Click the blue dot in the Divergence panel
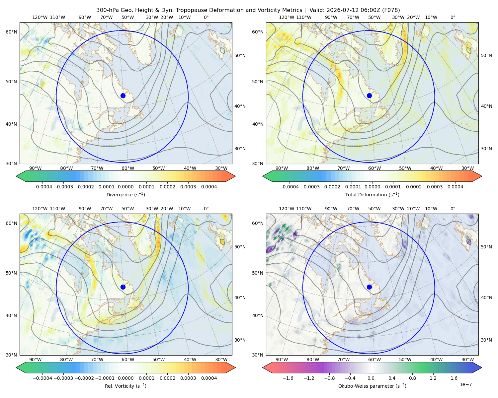pyautogui.click(x=123, y=96)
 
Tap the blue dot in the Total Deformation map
pyautogui.click(x=369, y=96)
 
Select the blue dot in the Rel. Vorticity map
pyautogui.click(x=123, y=287)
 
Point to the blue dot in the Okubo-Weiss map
pyautogui.click(x=369, y=287)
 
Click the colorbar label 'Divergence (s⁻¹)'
pyautogui.click(x=125, y=194)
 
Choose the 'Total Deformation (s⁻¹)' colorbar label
pyautogui.click(x=372, y=194)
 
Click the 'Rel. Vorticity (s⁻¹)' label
pyautogui.click(x=125, y=386)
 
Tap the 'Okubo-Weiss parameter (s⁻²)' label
pyautogui.click(x=372, y=386)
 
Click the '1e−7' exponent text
pyautogui.click(x=465, y=384)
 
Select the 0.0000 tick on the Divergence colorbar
pyautogui.click(x=125, y=187)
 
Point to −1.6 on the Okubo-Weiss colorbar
pyautogui.click(x=288, y=378)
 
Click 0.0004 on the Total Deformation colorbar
pyautogui.click(x=456, y=187)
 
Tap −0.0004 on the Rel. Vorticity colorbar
pyautogui.click(x=42, y=378)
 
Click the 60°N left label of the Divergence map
pyautogui.click(x=11, y=32)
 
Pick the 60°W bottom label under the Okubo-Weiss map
pyautogui.click(x=374, y=360)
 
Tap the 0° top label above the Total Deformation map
pyautogui.click(x=453, y=17)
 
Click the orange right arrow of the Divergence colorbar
pyautogui.click(x=230, y=176)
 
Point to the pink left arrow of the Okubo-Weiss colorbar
pyautogui.click(x=267, y=367)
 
